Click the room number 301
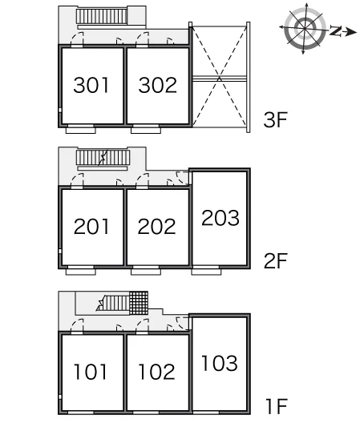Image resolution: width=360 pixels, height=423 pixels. [91, 85]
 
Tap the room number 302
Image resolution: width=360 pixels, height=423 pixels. [158, 85]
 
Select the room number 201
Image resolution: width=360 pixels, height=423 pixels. [91, 227]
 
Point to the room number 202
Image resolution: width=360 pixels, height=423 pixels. [156, 227]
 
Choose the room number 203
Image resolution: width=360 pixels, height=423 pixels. [220, 218]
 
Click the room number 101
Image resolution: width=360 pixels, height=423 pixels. [90, 372]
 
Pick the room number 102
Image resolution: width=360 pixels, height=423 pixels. [156, 372]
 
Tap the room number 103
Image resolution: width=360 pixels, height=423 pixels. [220, 363]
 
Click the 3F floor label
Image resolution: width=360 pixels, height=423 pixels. [275, 120]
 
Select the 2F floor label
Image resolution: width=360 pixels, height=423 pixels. [276, 261]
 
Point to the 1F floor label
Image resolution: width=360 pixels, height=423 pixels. [277, 406]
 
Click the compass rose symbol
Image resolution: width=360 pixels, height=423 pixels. [305, 28]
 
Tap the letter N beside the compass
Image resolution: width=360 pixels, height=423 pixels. [336, 30]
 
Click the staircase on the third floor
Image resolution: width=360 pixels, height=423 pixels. [102, 16]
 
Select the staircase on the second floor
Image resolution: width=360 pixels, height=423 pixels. [103, 158]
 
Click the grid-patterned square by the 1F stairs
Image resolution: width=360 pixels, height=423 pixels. [139, 303]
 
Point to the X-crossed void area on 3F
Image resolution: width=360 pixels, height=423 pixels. [220, 77]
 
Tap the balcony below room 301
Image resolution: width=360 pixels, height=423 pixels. [81, 131]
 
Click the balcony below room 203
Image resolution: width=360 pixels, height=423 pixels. [206, 272]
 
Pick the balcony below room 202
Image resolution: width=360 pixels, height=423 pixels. [146, 272]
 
